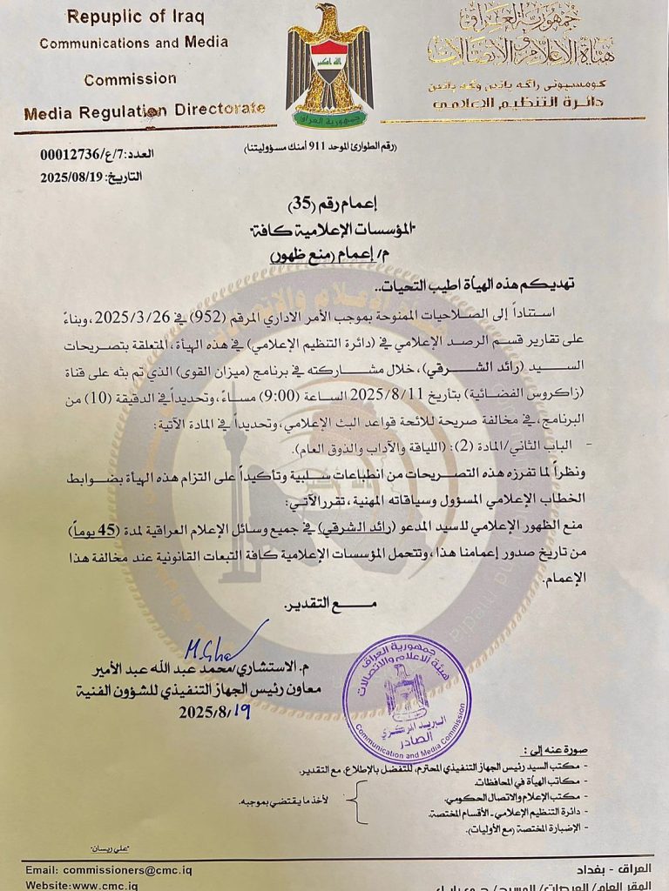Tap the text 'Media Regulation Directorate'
(144, 111)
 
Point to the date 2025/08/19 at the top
(71, 177)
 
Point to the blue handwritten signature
(217, 644)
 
